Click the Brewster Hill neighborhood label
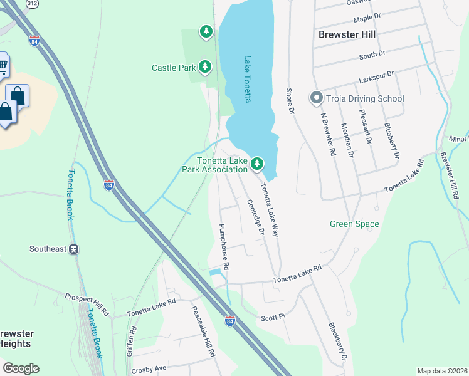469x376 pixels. click(347, 34)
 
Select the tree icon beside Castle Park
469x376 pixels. click(205, 66)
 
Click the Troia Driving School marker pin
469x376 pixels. click(316, 98)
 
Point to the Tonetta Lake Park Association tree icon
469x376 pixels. click(256, 164)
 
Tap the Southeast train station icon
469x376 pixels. click(74, 249)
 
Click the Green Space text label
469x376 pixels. click(354, 224)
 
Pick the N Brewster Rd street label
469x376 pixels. click(329, 134)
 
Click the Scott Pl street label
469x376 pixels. click(273, 318)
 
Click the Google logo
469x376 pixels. click(21, 368)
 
